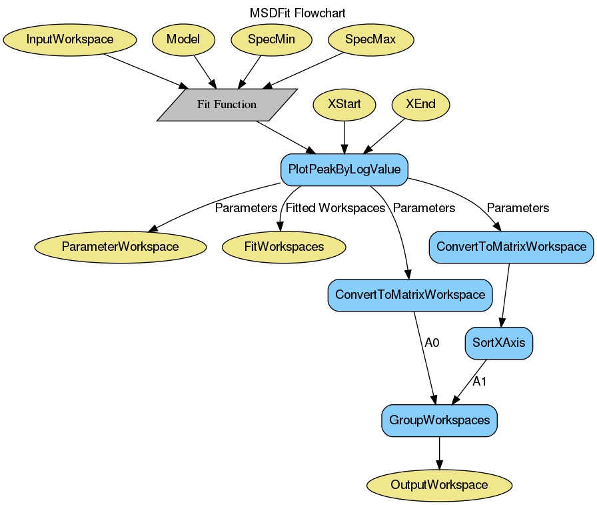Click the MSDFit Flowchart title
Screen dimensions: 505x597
(298, 13)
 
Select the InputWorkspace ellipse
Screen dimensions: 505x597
(70, 39)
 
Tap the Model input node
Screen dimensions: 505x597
(183, 39)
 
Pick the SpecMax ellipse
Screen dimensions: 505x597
(370, 39)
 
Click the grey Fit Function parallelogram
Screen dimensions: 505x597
(227, 105)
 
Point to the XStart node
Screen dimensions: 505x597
(344, 104)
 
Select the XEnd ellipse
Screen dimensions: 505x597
(420, 104)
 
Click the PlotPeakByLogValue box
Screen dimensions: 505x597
(344, 169)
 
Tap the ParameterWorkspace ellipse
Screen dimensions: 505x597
(121, 247)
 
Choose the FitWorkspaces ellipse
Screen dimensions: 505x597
(285, 247)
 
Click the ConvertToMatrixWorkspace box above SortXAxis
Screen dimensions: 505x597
(512, 247)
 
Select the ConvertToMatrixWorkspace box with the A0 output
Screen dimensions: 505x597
(410, 295)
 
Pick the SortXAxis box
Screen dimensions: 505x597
(499, 344)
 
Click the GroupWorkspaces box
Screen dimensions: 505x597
(440, 421)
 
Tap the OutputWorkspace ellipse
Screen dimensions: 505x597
(440, 485)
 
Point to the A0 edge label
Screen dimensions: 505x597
(432, 343)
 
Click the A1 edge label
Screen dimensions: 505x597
(480, 382)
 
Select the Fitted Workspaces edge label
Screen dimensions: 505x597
(335, 208)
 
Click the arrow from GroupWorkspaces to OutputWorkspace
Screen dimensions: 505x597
(439, 453)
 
